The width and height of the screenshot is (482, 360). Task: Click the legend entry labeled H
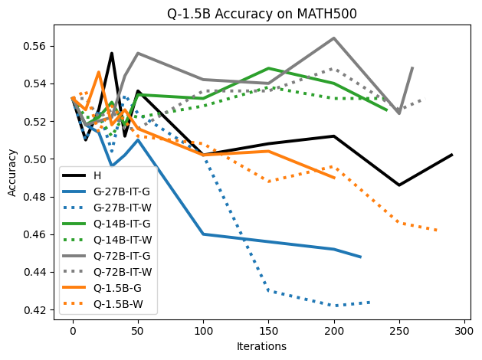(107, 175)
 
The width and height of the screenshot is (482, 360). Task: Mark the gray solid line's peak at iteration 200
(334, 38)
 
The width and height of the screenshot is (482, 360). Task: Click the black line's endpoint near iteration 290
(451, 155)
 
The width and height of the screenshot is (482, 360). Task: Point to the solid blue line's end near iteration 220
(360, 257)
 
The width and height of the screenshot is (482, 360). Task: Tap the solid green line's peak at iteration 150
(269, 68)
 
